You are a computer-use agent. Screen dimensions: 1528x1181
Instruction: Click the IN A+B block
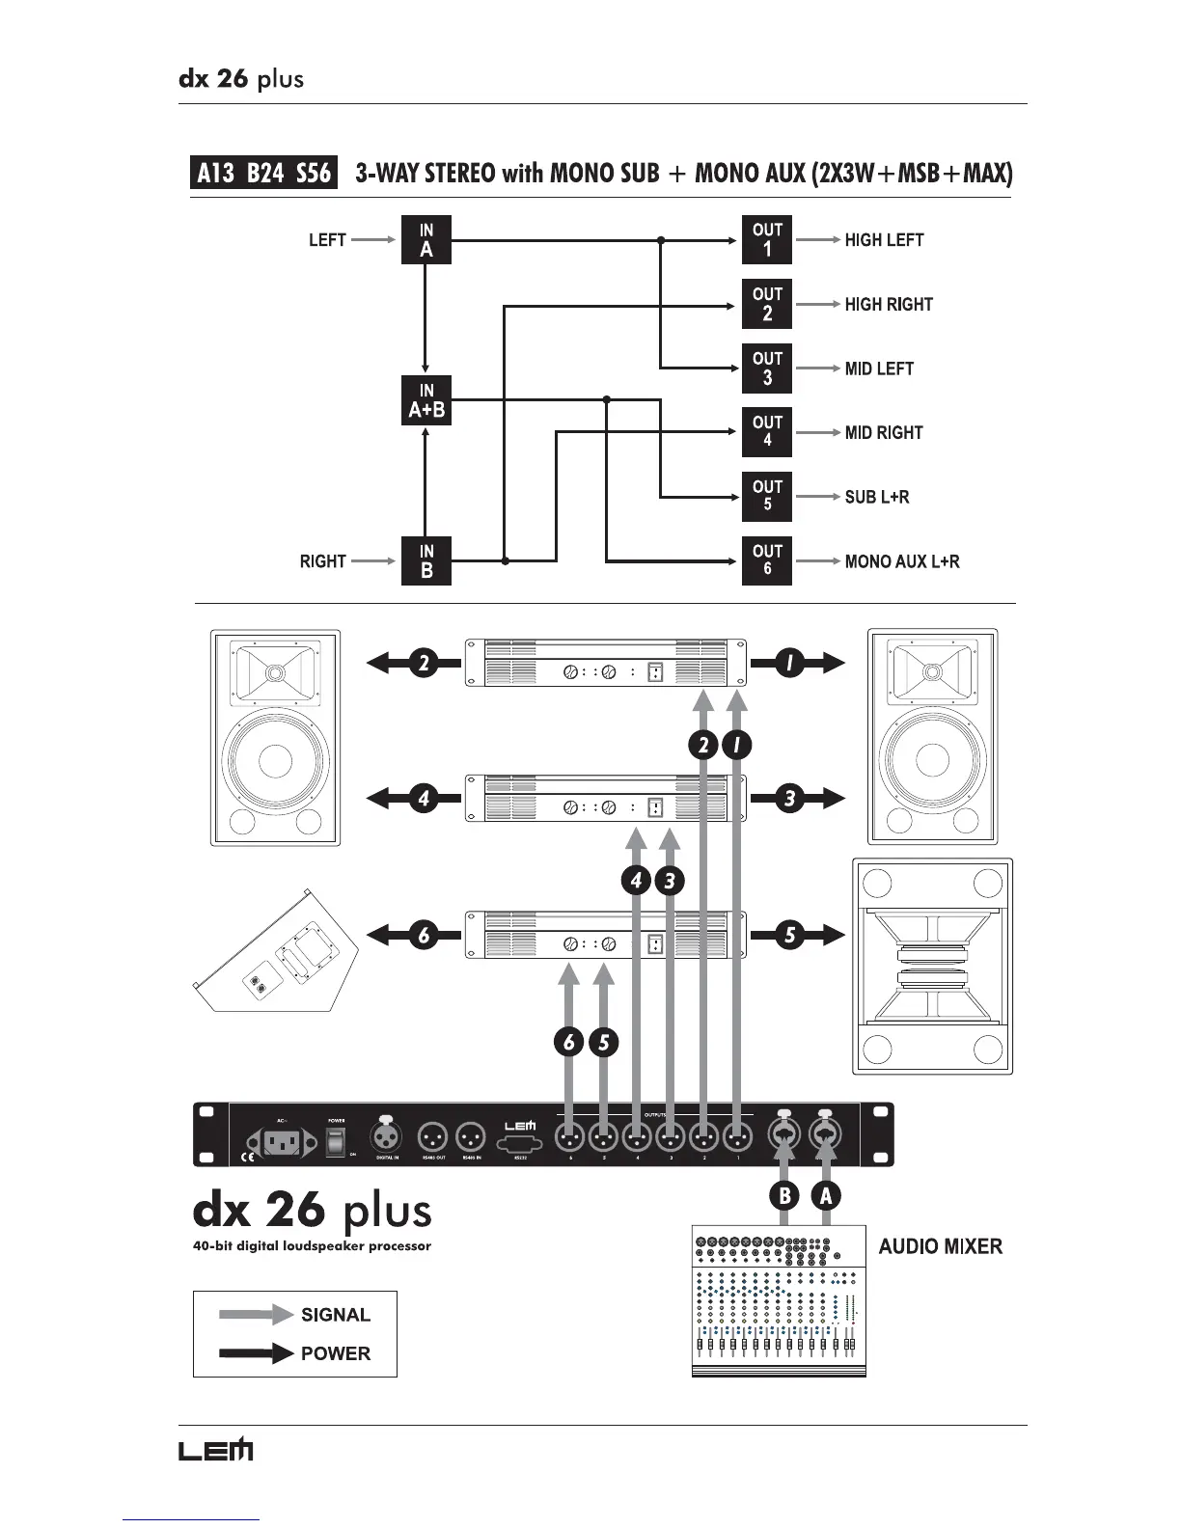coord(426,400)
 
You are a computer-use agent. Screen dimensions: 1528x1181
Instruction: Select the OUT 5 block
coord(767,497)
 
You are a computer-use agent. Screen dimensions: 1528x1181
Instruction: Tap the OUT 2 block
coord(767,304)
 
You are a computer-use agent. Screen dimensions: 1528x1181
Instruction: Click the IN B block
coord(426,561)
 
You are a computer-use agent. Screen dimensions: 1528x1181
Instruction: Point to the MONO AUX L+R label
coord(902,561)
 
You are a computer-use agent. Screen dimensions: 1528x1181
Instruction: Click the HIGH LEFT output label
coord(884,240)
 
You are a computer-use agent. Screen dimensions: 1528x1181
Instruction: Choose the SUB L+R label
coord(877,497)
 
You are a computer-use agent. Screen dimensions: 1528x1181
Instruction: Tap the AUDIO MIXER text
coord(940,1246)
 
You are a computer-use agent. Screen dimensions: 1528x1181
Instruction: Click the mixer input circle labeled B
coord(785,1196)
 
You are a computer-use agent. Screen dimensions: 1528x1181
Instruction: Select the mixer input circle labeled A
coord(825,1196)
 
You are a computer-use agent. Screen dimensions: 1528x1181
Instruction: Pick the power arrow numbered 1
coord(798,663)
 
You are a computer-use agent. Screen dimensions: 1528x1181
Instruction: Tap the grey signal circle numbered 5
coord(604,1042)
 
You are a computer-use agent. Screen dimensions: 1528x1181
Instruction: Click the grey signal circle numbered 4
coord(637,880)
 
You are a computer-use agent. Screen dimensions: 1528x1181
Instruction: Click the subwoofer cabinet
coord(933,967)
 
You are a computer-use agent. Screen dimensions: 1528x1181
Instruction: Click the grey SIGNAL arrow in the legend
coord(256,1314)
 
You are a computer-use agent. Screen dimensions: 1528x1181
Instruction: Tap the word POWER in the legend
coord(336,1353)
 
